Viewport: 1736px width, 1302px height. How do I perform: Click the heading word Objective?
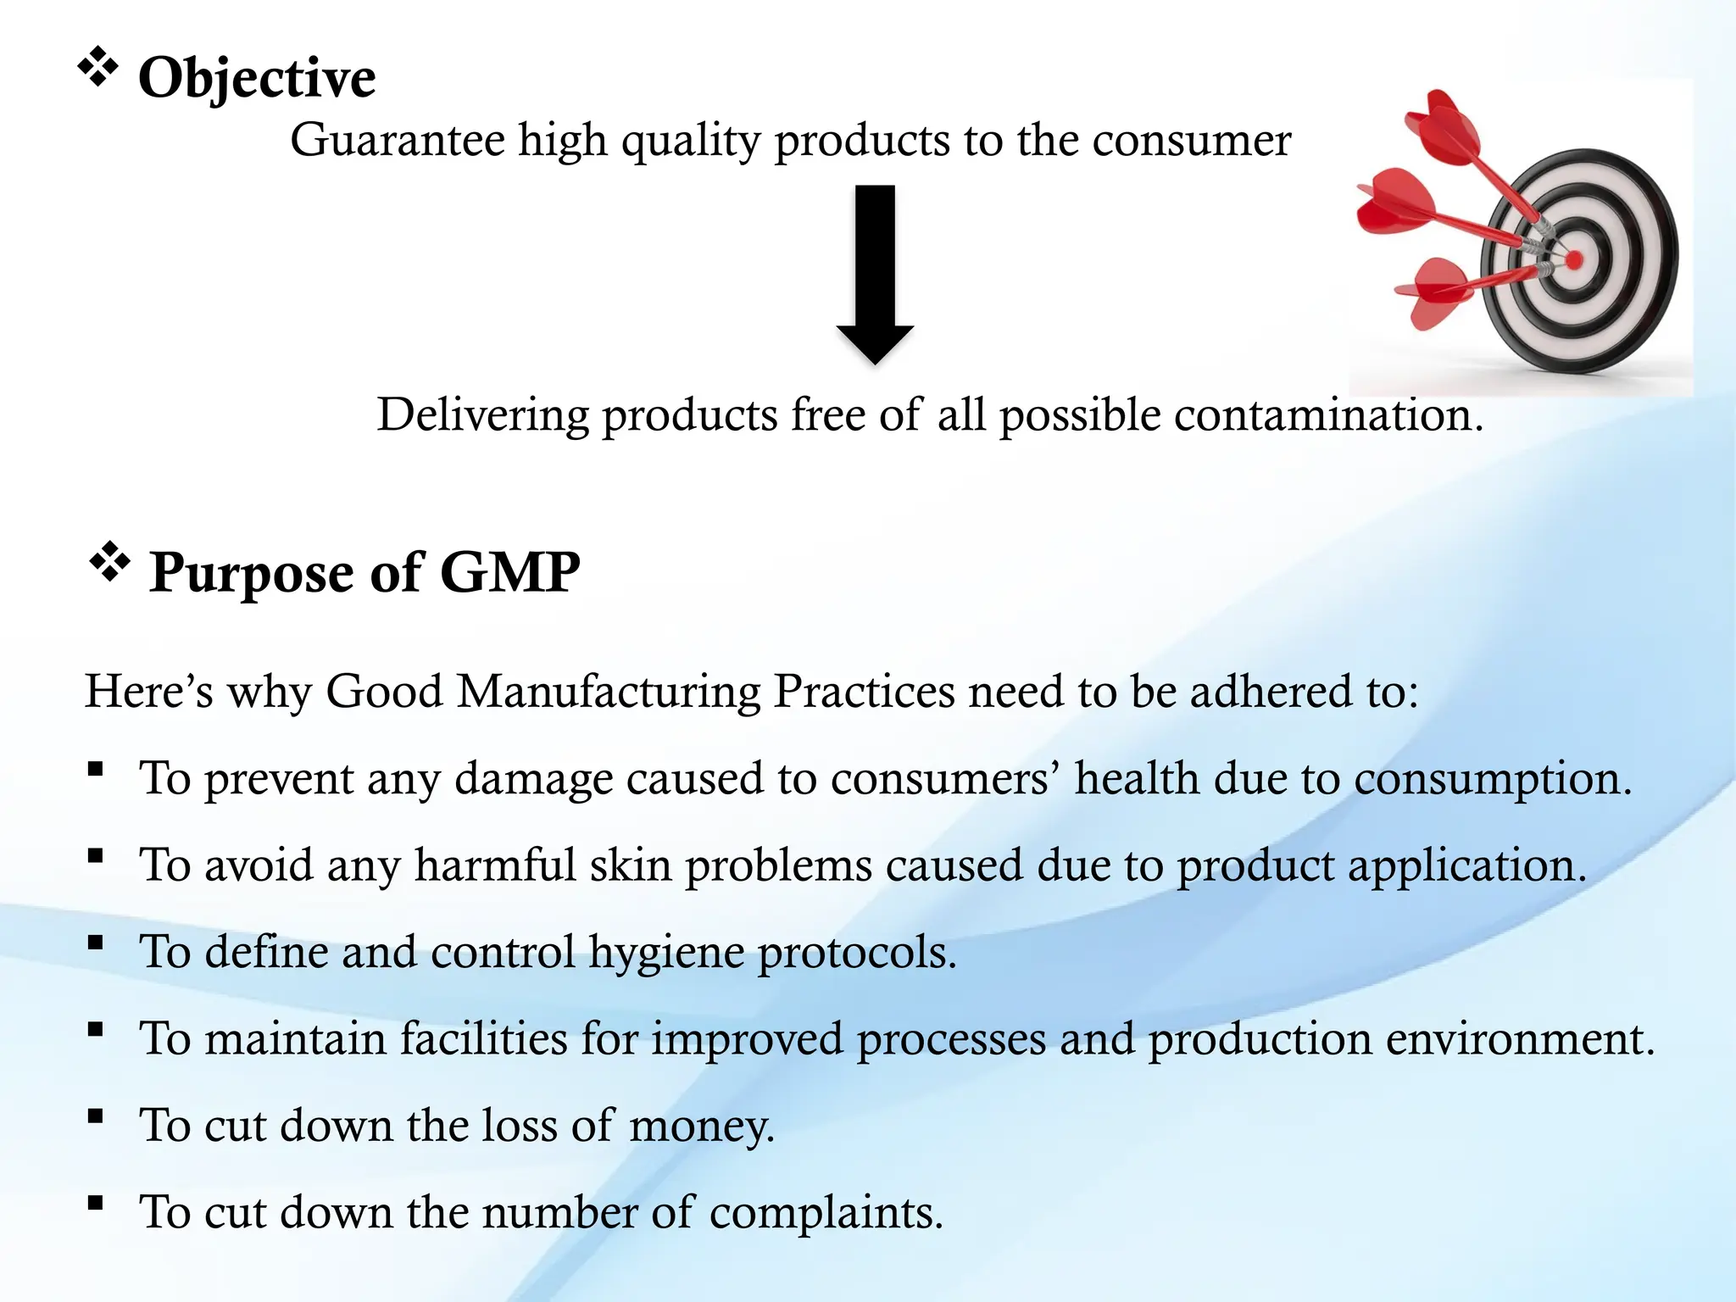[x=256, y=78]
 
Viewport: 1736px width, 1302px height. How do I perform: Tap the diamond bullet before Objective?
[x=97, y=67]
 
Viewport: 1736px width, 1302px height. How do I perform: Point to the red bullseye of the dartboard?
[x=1573, y=260]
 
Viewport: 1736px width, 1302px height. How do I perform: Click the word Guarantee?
[x=397, y=140]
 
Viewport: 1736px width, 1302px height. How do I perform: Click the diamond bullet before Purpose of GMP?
[x=109, y=562]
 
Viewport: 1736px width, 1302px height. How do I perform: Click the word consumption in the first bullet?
[x=1492, y=778]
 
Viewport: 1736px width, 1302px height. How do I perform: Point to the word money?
[x=701, y=1127]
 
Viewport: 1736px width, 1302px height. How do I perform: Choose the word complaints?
[x=826, y=1213]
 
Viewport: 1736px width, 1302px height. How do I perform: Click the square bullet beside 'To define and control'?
[x=95, y=943]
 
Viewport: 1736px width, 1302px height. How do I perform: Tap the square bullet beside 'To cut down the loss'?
[x=95, y=1116]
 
